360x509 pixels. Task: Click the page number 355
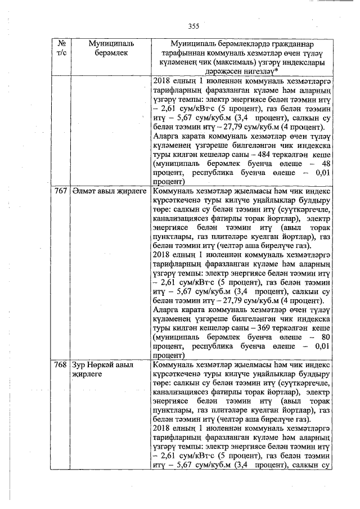[193, 26]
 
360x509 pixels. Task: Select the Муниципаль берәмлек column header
[108, 48]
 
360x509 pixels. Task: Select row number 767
[61, 192]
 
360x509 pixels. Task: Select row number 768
[61, 365]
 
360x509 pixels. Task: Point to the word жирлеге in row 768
[84, 374]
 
